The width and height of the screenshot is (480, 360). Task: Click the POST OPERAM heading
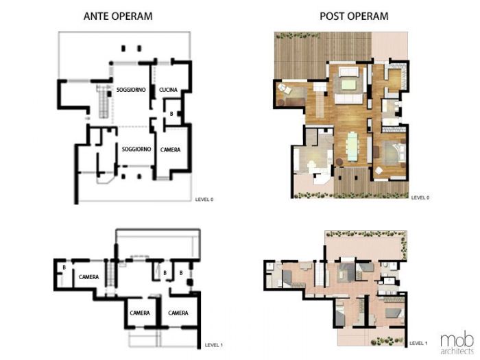point(354,16)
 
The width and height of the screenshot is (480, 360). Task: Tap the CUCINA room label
point(169,90)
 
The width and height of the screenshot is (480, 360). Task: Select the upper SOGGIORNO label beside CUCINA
point(130,90)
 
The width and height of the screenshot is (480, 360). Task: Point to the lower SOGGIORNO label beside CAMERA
point(136,148)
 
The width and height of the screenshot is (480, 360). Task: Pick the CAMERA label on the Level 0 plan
point(170,149)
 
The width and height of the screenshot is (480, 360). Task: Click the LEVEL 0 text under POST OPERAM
point(420,198)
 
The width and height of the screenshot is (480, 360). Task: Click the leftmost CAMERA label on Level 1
point(89,277)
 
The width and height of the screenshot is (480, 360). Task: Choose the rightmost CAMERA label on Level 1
point(178,313)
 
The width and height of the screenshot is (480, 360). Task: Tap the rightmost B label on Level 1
point(180,273)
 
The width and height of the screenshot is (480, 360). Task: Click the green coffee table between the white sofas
point(348,85)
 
